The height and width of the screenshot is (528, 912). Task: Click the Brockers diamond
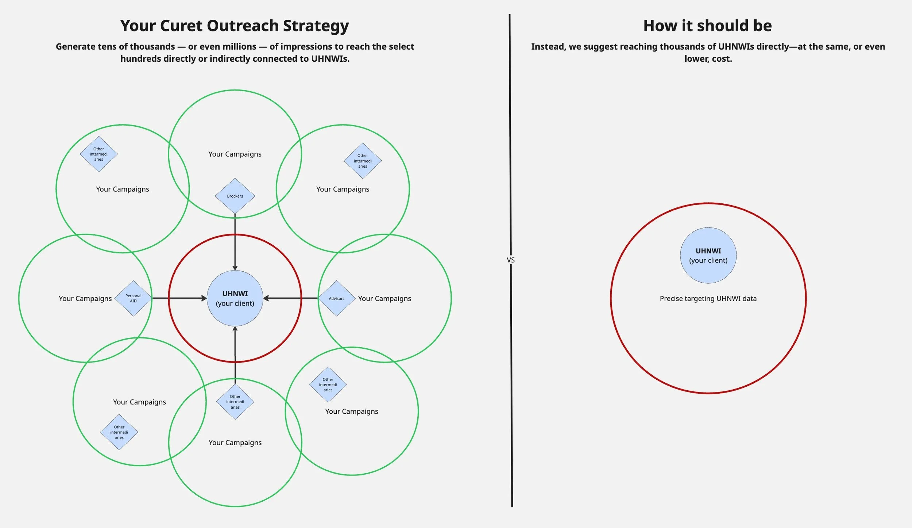[235, 196]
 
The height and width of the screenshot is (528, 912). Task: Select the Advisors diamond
[336, 298]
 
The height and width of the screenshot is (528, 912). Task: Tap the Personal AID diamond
[133, 298]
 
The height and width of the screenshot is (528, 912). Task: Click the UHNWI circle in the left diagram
[235, 298]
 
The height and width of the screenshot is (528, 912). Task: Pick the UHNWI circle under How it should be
[708, 255]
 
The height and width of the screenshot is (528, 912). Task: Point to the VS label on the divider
[511, 260]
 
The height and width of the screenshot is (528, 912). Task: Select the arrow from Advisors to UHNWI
[290, 298]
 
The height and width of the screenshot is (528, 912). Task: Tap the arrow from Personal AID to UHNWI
[179, 298]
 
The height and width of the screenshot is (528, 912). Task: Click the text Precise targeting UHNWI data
[708, 299]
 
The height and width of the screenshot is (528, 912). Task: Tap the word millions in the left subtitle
[237, 47]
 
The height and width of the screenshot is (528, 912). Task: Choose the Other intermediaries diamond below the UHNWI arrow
[235, 402]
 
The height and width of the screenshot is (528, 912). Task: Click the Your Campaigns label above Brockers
[235, 154]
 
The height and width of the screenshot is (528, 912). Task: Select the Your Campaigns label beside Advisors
[384, 299]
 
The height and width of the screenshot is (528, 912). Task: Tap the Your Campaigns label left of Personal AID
[85, 299]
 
